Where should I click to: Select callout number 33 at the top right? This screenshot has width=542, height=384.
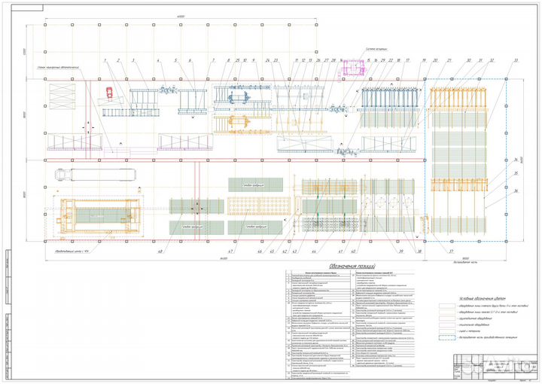pos(516,59)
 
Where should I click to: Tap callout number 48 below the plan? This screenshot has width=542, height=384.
pos(160,251)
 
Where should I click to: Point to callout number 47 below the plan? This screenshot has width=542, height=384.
pos(230,251)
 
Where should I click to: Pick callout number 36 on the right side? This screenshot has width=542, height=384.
pos(517,190)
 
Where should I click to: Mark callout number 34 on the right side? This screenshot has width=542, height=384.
pos(517,160)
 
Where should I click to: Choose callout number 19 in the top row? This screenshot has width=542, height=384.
pos(424,59)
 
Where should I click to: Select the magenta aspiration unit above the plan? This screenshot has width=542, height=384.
pos(352,69)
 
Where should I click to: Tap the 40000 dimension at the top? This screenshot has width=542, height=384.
pos(181,15)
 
